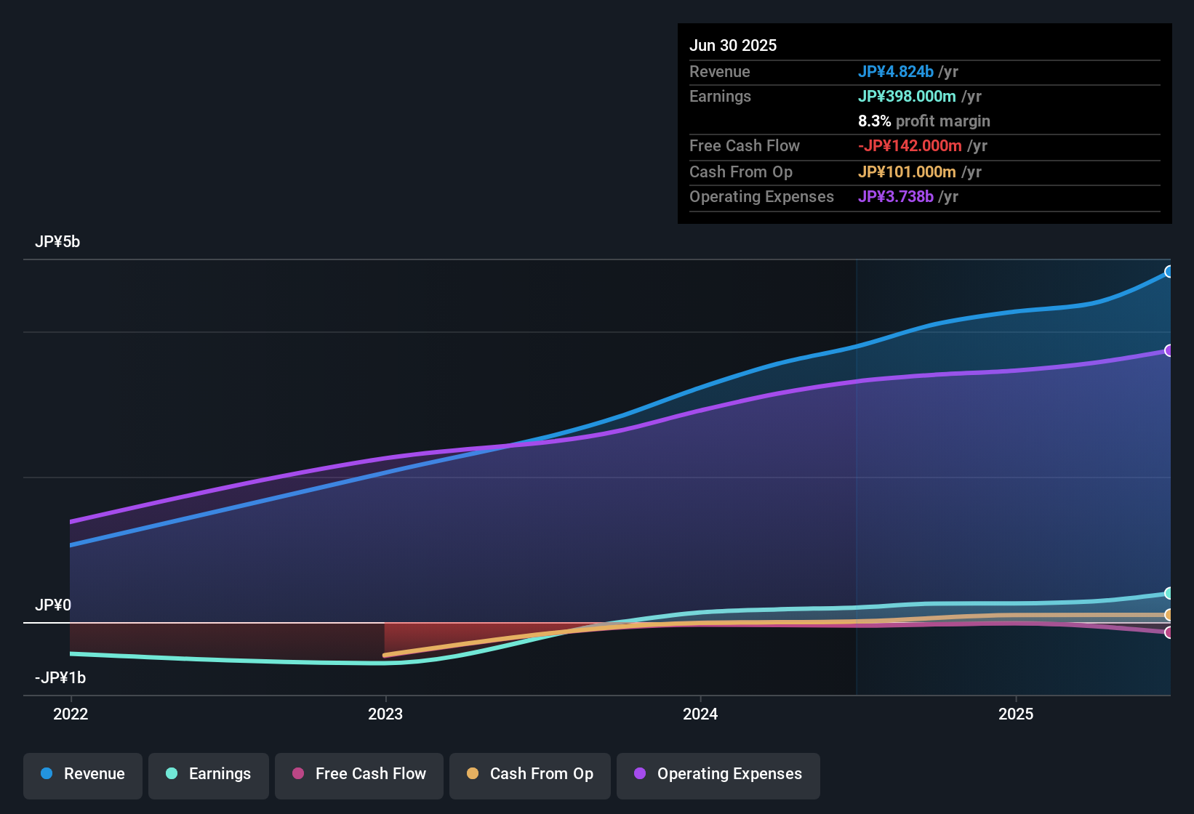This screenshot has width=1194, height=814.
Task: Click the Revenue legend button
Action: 83,774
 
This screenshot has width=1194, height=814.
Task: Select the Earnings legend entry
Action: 209,774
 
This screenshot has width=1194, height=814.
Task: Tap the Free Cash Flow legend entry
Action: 359,774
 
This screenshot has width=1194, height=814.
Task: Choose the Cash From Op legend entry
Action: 530,774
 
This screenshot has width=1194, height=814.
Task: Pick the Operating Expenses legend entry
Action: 718,774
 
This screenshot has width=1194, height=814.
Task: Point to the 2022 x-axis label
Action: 71,714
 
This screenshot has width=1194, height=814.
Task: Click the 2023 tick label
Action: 385,714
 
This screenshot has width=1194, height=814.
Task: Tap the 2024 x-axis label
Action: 700,714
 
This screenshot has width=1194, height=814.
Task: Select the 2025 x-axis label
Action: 1016,714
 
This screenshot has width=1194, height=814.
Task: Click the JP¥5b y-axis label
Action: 57,242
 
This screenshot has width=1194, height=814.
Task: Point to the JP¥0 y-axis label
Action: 53,605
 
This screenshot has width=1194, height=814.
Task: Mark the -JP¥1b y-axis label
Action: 60,678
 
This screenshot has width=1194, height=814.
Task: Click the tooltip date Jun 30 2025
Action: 733,46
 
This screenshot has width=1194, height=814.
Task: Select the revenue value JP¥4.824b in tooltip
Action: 895,72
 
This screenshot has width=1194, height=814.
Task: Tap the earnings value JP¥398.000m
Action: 907,97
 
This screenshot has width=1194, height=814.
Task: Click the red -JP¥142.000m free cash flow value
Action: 910,146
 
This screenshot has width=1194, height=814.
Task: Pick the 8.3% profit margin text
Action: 923,121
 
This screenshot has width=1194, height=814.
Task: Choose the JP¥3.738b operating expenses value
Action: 895,197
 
